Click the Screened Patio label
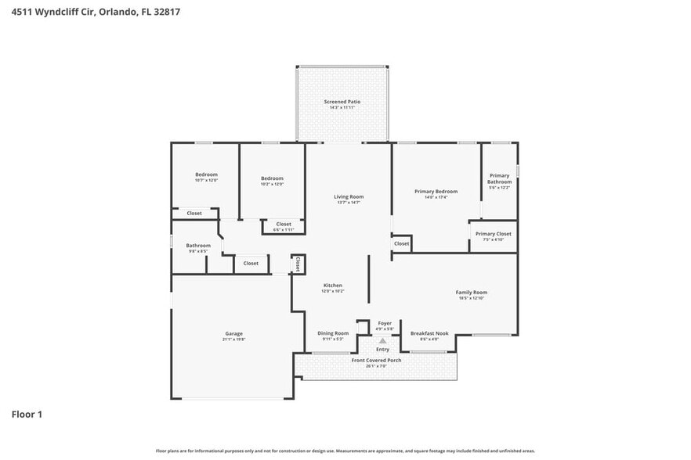(x=342, y=102)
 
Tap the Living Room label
(x=349, y=196)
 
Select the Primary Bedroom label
(x=436, y=191)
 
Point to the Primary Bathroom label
(x=499, y=178)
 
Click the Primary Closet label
(x=493, y=234)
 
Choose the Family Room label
(x=472, y=293)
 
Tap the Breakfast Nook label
(x=429, y=333)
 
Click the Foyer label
(x=385, y=323)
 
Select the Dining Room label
(x=333, y=333)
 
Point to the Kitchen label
(x=333, y=286)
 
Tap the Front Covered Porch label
(x=376, y=360)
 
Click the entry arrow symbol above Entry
(x=382, y=341)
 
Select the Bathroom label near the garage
(x=198, y=246)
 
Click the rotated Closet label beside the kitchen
(x=298, y=264)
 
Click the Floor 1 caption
(x=27, y=414)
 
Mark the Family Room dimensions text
(x=472, y=298)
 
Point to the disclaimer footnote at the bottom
(x=345, y=451)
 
